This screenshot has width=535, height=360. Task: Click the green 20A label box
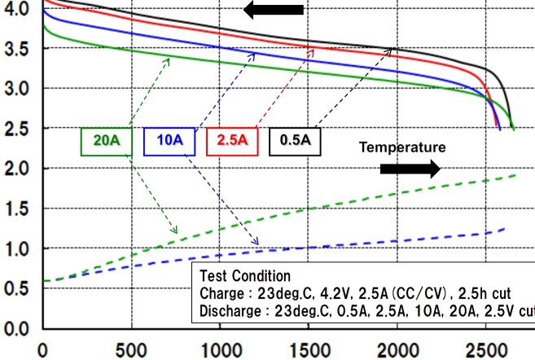click(106, 141)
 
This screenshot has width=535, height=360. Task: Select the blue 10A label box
click(169, 141)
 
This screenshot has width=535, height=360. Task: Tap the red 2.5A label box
click(233, 141)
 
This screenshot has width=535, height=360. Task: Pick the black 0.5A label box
click(295, 141)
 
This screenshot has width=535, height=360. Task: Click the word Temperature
click(403, 147)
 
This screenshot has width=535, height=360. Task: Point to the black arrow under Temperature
click(410, 169)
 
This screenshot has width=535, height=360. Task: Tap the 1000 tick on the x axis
click(219, 349)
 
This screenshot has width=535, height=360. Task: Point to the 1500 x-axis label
click(308, 349)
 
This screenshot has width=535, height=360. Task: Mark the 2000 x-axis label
click(397, 349)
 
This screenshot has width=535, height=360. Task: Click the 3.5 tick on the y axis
click(16, 48)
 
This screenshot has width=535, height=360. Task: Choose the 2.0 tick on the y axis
click(16, 169)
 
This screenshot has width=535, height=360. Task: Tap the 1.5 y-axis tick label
click(16, 209)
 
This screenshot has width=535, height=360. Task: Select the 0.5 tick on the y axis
click(16, 288)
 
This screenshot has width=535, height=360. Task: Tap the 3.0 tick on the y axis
click(16, 88)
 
